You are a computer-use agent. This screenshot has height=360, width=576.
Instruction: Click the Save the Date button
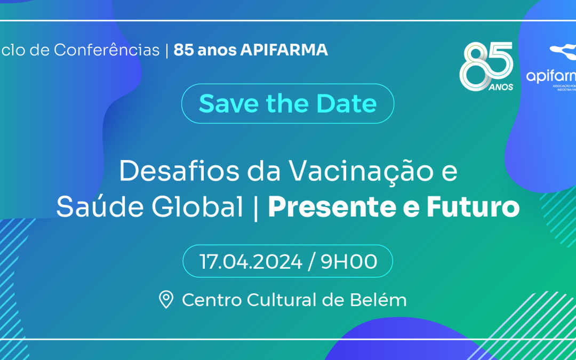(x=287, y=103)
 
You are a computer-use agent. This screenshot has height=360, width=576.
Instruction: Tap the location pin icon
(x=166, y=300)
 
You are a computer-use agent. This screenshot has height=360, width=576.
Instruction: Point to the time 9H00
(x=349, y=262)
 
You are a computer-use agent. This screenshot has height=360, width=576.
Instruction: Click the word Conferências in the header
(x=107, y=50)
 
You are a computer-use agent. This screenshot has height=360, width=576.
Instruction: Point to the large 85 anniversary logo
(x=486, y=64)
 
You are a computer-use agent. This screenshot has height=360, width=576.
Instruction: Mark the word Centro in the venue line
(x=212, y=300)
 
